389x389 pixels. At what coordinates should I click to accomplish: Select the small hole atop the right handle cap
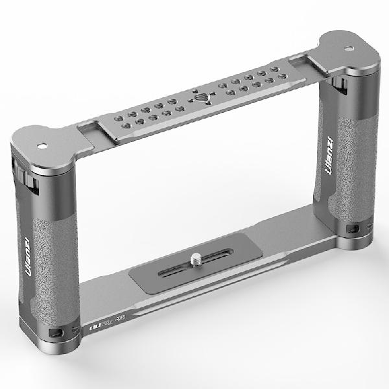click(x=349, y=47)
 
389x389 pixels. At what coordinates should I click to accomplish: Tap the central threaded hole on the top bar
click(x=199, y=99)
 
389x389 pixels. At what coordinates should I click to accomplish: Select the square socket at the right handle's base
click(x=350, y=228)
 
